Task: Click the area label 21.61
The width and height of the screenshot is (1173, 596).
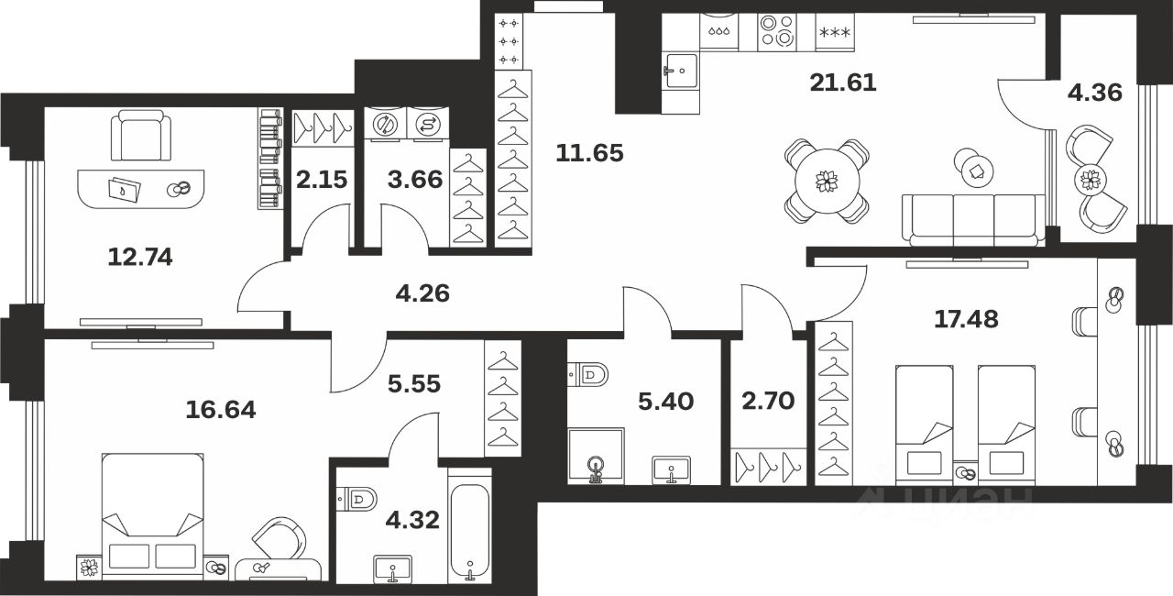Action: click(842, 83)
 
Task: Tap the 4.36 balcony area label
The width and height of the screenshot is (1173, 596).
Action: click(1095, 93)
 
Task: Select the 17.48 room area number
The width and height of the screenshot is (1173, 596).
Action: click(966, 319)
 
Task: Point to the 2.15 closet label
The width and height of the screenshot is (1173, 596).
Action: click(322, 180)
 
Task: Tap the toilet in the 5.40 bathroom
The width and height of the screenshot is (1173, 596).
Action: click(588, 375)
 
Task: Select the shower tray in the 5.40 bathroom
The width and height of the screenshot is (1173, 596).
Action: click(596, 456)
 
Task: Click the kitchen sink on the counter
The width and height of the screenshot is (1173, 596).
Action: click(680, 71)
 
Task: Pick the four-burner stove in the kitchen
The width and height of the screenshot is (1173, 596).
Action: click(777, 31)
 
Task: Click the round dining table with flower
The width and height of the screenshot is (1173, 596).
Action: click(827, 182)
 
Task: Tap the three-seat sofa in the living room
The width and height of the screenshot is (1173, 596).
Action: click(973, 220)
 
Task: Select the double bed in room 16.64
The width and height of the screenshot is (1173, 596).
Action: click(152, 516)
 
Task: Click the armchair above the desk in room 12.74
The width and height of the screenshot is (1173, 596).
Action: click(141, 135)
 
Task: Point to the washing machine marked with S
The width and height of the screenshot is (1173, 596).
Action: click(427, 125)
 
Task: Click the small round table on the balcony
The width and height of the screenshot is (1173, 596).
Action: click(1091, 180)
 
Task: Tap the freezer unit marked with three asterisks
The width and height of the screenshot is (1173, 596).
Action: click(835, 32)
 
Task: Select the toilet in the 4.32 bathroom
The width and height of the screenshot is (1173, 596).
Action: click(357, 499)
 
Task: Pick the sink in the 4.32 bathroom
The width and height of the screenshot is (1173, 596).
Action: click(393, 569)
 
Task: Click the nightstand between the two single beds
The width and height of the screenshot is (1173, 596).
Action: click(965, 472)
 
